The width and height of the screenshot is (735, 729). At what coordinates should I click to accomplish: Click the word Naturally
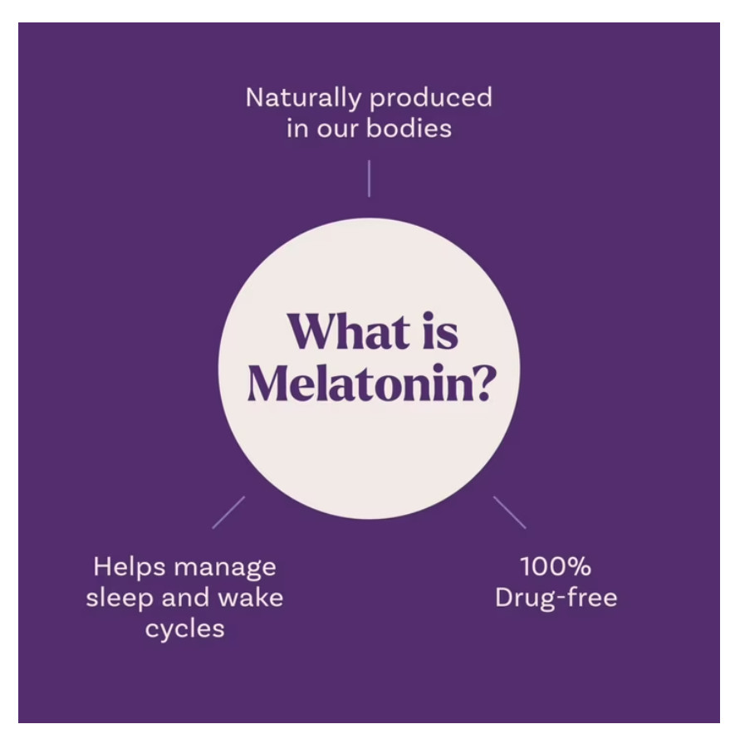pyautogui.click(x=304, y=99)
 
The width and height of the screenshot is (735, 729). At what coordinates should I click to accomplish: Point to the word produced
pyautogui.click(x=431, y=99)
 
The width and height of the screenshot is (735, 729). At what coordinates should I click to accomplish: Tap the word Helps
pyautogui.click(x=125, y=567)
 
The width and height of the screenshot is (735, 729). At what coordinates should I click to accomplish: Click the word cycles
pyautogui.click(x=184, y=629)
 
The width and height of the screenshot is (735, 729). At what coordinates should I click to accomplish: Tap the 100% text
pyautogui.click(x=556, y=567)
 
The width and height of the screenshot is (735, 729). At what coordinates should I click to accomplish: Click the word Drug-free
pyautogui.click(x=556, y=598)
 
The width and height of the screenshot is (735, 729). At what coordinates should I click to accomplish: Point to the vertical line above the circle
pyautogui.click(x=369, y=179)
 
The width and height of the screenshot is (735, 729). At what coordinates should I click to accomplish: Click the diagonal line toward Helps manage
pyautogui.click(x=228, y=512)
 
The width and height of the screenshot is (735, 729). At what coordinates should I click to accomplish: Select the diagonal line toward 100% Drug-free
pyautogui.click(x=509, y=512)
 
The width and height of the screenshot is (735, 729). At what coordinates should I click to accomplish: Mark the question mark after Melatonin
pyautogui.click(x=478, y=383)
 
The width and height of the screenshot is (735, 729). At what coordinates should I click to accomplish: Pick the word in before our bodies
pyautogui.click(x=297, y=129)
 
